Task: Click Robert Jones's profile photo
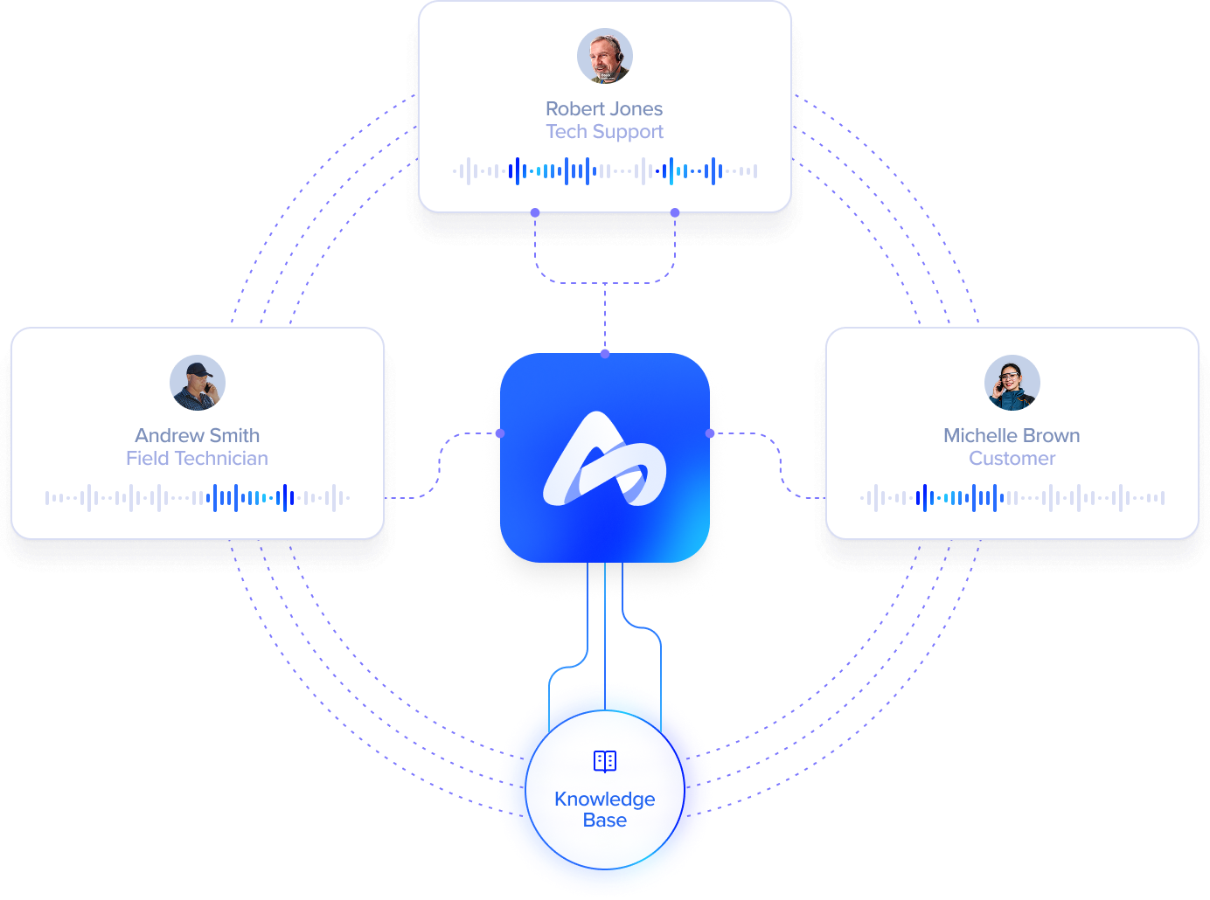tap(605, 56)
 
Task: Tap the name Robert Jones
tap(604, 109)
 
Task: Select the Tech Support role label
tap(604, 132)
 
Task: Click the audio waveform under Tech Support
tap(605, 171)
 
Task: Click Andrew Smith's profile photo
tap(198, 383)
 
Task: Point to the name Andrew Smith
tap(198, 435)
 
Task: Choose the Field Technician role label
tap(198, 459)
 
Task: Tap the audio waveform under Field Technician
tap(198, 498)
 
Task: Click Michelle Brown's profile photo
tap(1012, 383)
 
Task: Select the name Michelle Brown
tap(1012, 435)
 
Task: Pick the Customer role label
tap(1012, 459)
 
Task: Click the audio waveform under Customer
tap(1012, 498)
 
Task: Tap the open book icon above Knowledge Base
tap(605, 761)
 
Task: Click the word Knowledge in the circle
tap(605, 799)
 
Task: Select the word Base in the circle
tap(605, 820)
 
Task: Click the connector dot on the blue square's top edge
tap(605, 354)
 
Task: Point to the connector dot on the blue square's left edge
tap(500, 433)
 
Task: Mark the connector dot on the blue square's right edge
tap(710, 433)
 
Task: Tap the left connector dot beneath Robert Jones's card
tap(535, 212)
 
